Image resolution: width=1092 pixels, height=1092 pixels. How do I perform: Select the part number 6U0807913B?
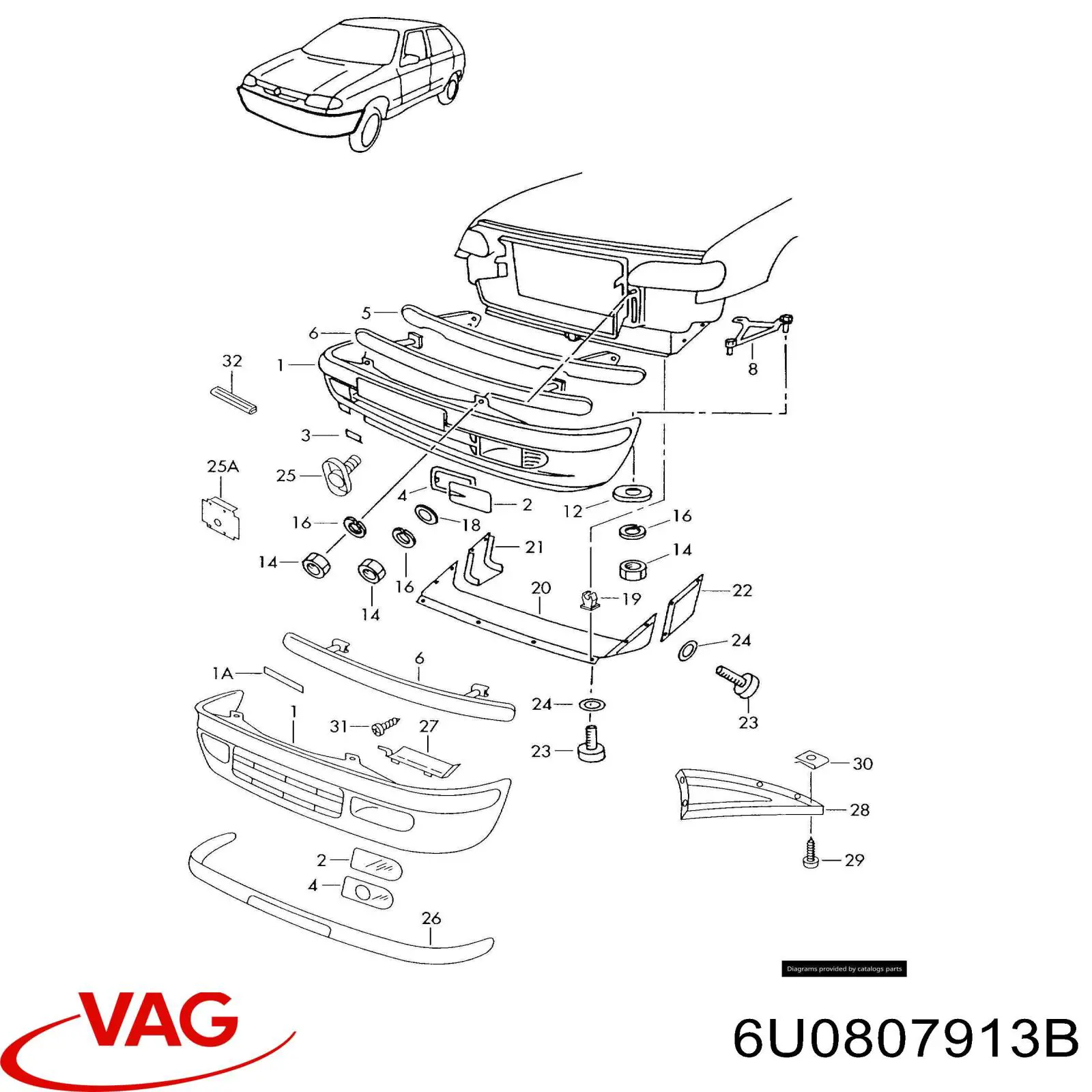[x=905, y=1039]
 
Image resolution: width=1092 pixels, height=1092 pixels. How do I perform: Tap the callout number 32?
[x=232, y=361]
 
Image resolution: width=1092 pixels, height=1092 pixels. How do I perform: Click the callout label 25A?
[x=222, y=467]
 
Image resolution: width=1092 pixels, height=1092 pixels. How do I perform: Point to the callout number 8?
[x=752, y=369]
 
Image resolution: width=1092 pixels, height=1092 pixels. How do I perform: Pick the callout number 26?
[x=431, y=918]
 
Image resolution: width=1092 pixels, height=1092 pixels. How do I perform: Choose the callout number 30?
[x=863, y=764]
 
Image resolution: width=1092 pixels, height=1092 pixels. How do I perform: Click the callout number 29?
[x=854, y=860]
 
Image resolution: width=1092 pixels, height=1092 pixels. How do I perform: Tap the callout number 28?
[x=859, y=810]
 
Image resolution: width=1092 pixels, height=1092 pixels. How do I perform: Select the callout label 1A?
[x=222, y=674]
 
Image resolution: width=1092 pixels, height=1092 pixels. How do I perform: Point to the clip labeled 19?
[x=589, y=600]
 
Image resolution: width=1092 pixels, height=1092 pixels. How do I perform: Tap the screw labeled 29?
[x=811, y=854]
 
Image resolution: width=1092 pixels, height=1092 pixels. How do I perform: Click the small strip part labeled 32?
[x=233, y=401]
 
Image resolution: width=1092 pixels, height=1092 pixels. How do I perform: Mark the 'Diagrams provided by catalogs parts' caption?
[x=844, y=968]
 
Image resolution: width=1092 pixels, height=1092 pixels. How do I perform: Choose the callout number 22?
[x=742, y=590]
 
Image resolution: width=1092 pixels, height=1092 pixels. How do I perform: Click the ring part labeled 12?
[x=633, y=493]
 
